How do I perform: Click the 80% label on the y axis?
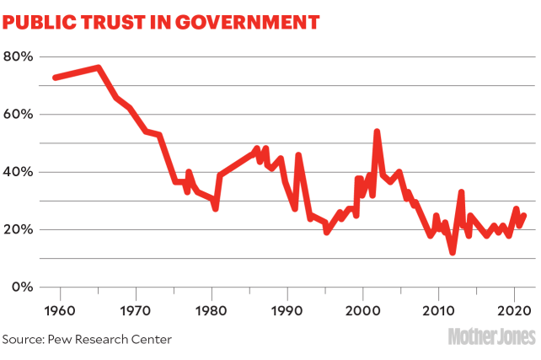(x=18, y=56)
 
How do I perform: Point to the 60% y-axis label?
(x=18, y=114)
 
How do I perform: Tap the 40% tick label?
(x=18, y=172)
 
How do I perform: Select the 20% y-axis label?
(x=18, y=229)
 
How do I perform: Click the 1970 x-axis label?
(x=136, y=309)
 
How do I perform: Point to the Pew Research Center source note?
(x=88, y=339)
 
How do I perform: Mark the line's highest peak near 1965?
(x=98, y=67)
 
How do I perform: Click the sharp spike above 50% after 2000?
(x=377, y=132)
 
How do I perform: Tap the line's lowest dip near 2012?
(x=453, y=251)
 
